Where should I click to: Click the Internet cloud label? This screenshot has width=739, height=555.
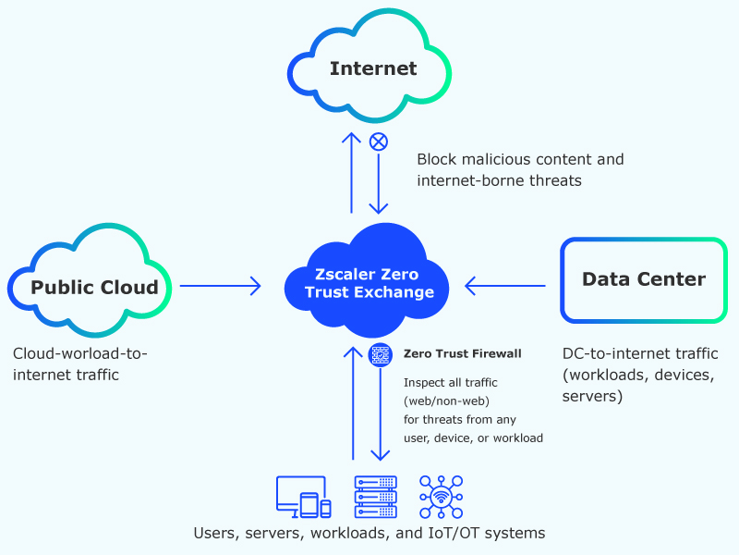(x=373, y=68)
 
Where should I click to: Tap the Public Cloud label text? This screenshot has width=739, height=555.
(x=94, y=287)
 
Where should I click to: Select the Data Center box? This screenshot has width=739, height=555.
(x=643, y=279)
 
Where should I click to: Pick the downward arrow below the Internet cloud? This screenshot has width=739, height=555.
(x=379, y=185)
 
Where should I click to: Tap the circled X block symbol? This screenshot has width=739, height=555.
(x=378, y=142)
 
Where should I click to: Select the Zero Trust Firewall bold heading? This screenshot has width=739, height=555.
(x=463, y=353)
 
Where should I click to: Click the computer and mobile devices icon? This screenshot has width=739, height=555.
(x=303, y=497)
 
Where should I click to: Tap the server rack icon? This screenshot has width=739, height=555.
(x=375, y=497)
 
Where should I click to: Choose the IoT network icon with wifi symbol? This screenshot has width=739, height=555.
(x=441, y=497)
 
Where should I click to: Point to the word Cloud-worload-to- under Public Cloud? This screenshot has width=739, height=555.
(x=80, y=353)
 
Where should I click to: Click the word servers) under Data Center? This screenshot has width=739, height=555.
(x=592, y=397)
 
